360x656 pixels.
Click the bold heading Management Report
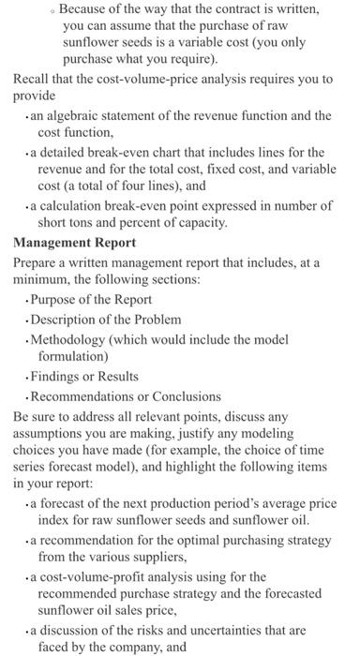(x=74, y=242)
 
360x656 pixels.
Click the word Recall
(x=32, y=79)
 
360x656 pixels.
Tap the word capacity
(x=282, y=222)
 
